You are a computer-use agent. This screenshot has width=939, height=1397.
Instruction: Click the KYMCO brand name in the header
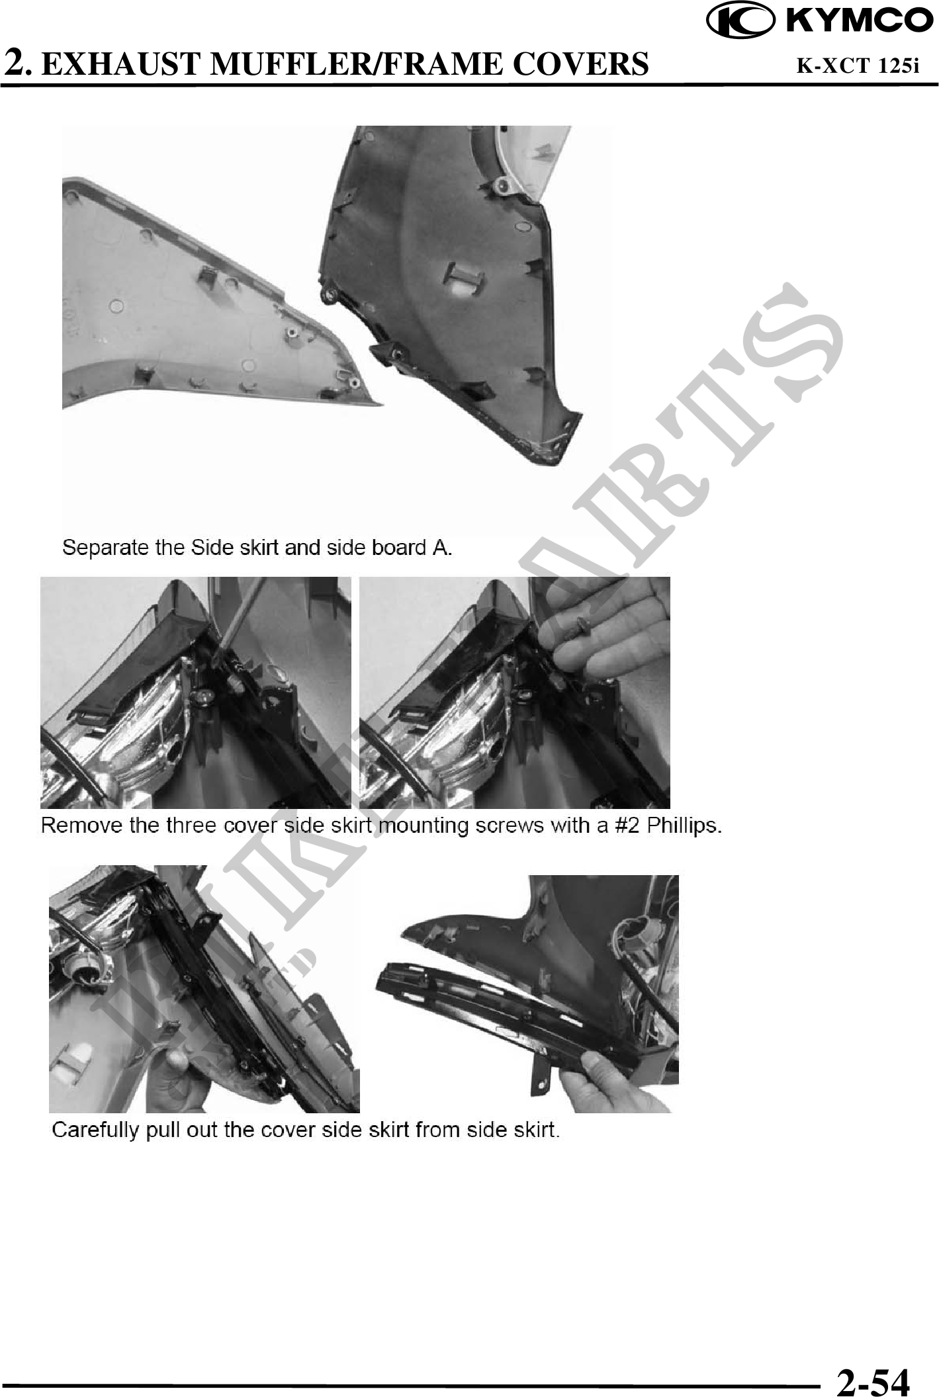pos(858,21)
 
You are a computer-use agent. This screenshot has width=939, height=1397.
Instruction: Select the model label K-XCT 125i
pos(858,65)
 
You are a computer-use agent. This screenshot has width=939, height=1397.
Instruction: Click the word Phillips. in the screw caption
pos(684,827)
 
